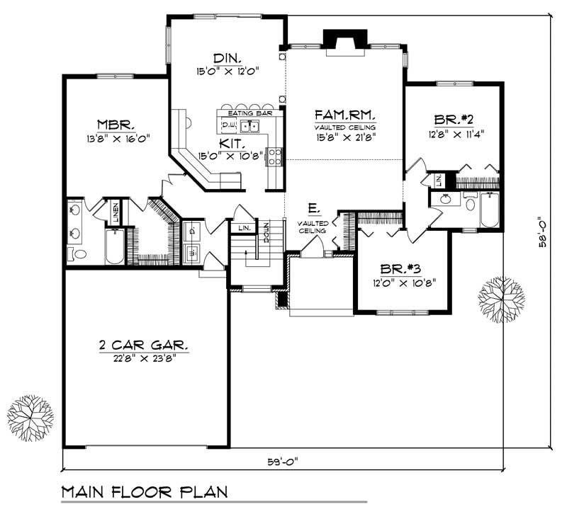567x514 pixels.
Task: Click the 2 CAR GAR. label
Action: [x=144, y=345]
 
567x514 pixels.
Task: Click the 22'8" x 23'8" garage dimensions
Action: [x=144, y=358]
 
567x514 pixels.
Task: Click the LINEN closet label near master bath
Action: [x=116, y=211]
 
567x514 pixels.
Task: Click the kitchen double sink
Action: [x=249, y=127]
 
